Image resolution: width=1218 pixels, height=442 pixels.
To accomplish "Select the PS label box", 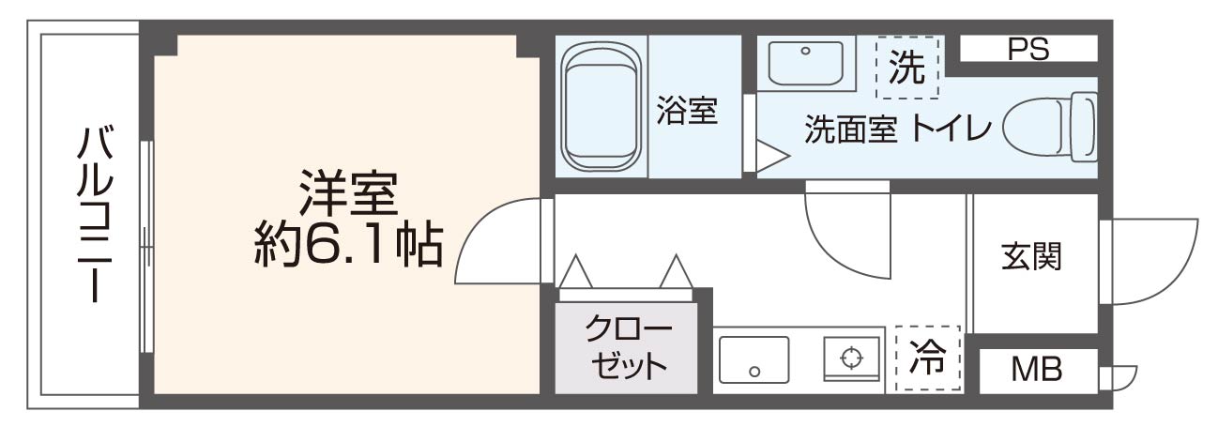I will (1028, 49).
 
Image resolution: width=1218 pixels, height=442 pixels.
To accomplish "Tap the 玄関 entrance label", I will (1031, 256).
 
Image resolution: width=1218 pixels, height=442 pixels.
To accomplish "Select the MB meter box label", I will (1036, 371).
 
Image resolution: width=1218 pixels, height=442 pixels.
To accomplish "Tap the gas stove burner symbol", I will (851, 358).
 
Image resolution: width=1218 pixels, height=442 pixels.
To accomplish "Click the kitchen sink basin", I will (754, 359).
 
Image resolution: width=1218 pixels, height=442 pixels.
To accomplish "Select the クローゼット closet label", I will (628, 348).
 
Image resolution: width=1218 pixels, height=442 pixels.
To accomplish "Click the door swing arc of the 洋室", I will (493, 244).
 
